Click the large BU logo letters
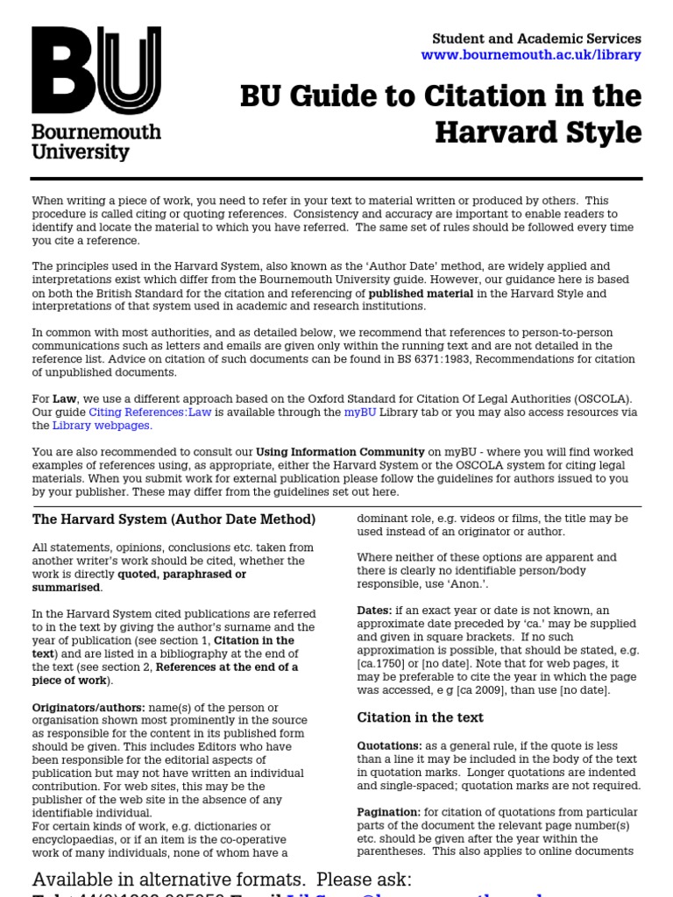coord(96,70)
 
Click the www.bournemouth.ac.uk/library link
coord(531,55)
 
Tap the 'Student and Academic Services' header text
coord(536,39)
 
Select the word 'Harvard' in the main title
coord(491,132)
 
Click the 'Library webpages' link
coord(102,426)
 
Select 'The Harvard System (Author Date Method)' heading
coord(174,519)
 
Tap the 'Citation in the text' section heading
coord(420,717)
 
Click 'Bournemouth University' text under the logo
coord(96,142)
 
